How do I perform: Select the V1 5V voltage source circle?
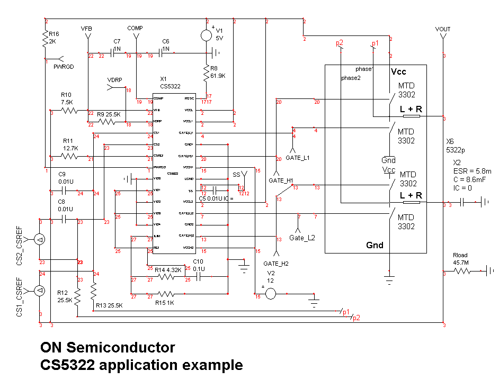tap(206, 35)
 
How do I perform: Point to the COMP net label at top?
tap(135, 28)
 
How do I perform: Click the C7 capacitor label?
tap(117, 41)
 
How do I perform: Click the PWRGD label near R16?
tap(64, 67)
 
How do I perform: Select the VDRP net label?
tap(114, 80)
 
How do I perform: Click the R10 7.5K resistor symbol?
tap(69, 111)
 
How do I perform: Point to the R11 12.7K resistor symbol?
tap(69, 156)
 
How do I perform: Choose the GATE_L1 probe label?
tap(297, 158)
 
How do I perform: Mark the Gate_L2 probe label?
tap(302, 238)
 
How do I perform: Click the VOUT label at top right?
tap(442, 29)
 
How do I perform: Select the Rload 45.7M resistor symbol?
tap(461, 271)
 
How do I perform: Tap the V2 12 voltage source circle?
tap(270, 294)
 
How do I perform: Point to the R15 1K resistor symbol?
tap(166, 294)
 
